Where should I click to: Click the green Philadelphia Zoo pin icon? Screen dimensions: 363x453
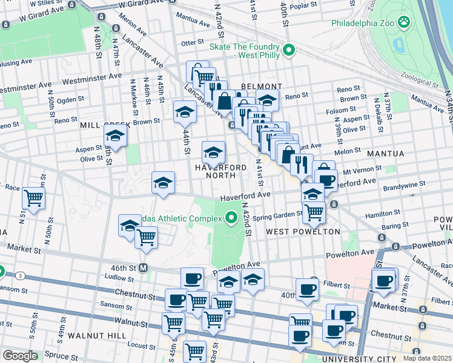404,24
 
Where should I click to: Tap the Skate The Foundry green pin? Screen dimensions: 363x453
289,50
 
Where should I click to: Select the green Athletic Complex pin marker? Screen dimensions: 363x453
230,218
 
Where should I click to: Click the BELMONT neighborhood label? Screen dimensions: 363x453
261,87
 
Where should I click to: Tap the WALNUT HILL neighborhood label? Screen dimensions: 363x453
97,335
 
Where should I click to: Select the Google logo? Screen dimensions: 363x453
20,356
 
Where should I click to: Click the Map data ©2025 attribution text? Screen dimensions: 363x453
427,358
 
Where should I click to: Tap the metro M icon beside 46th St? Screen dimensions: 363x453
144,267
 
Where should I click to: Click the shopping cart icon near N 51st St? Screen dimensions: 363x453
34,197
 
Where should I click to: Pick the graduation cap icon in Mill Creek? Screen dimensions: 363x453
114,137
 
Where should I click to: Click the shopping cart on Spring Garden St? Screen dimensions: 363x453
314,212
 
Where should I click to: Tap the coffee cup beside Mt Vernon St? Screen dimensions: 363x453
326,180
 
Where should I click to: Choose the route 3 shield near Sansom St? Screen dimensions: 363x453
21,276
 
